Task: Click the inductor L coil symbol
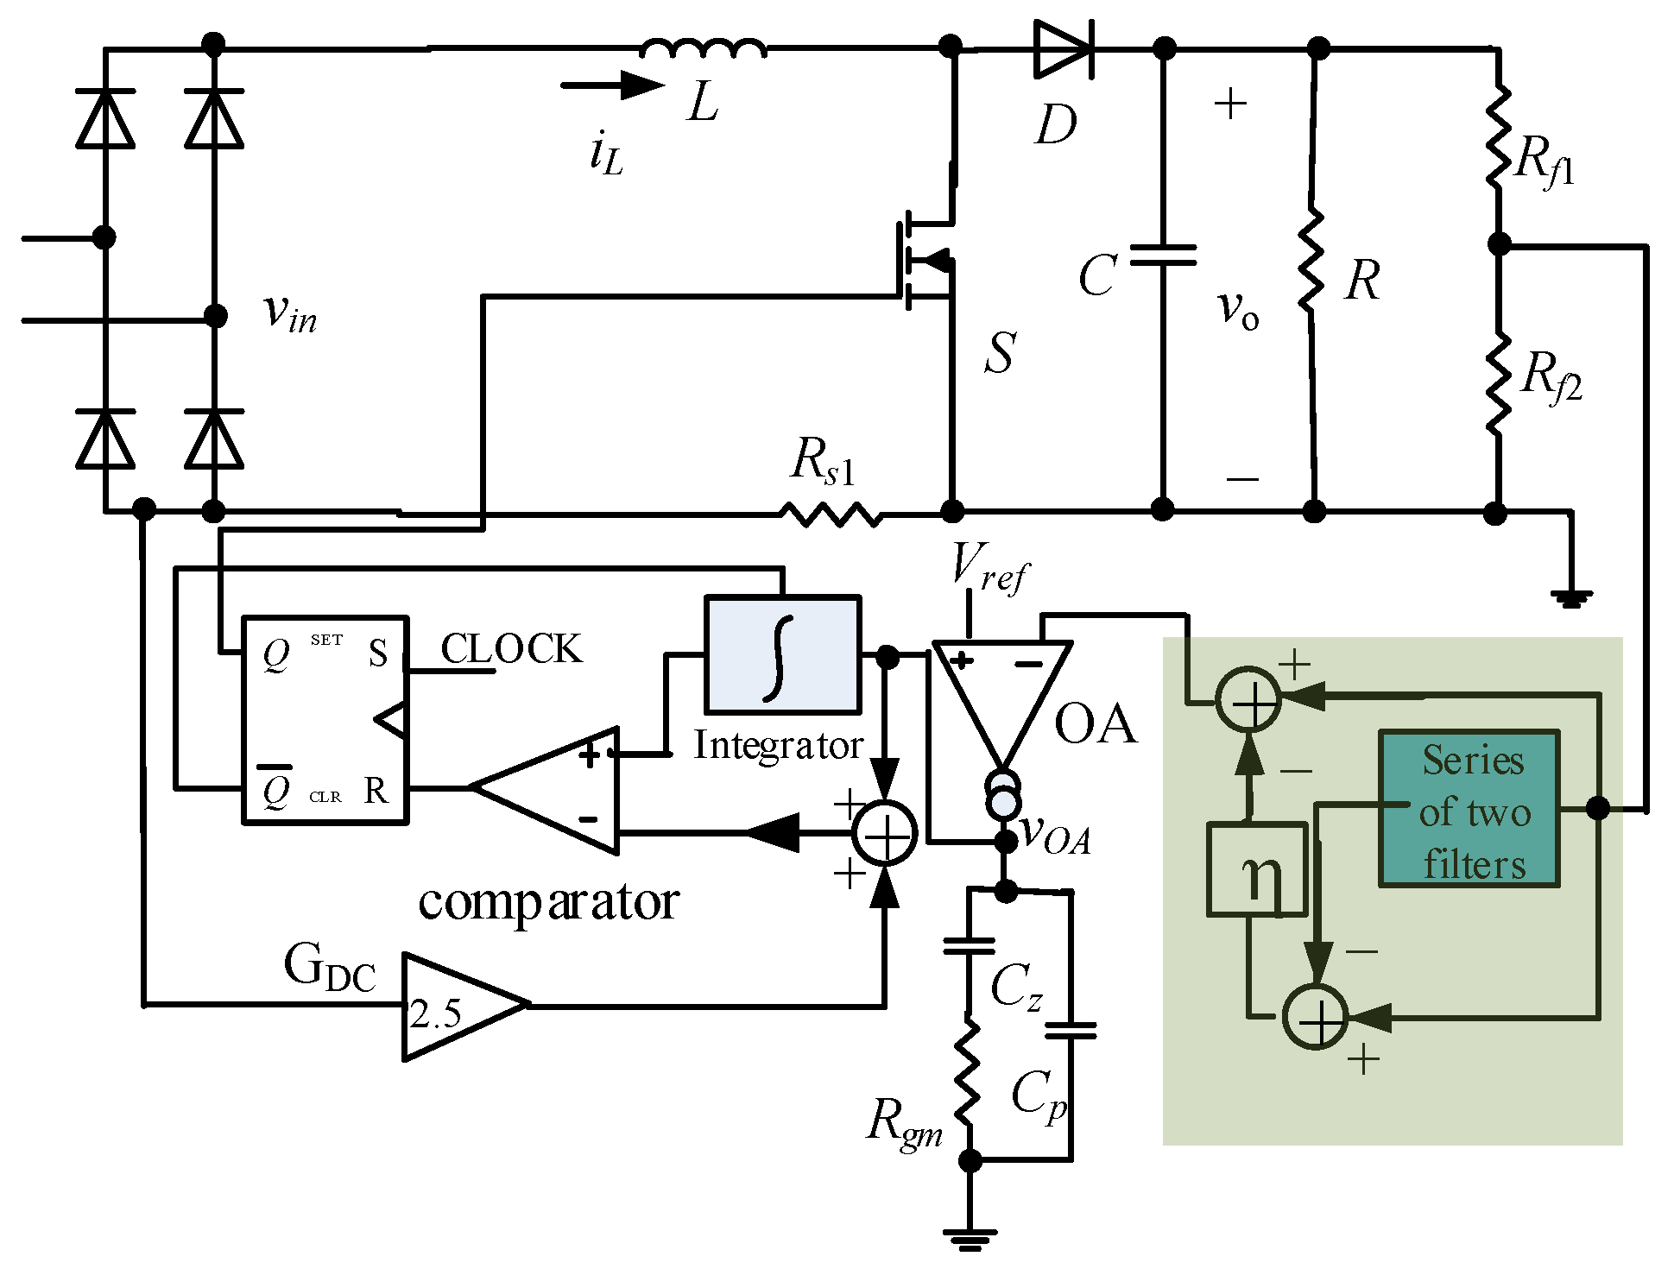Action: [703, 48]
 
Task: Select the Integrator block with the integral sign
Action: [782, 654]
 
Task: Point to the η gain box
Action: [1256, 869]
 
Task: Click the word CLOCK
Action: [511, 649]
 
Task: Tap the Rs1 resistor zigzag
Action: [831, 515]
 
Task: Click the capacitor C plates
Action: [1163, 255]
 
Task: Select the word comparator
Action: [548, 903]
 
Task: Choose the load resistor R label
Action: [1362, 281]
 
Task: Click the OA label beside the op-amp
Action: [1095, 723]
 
